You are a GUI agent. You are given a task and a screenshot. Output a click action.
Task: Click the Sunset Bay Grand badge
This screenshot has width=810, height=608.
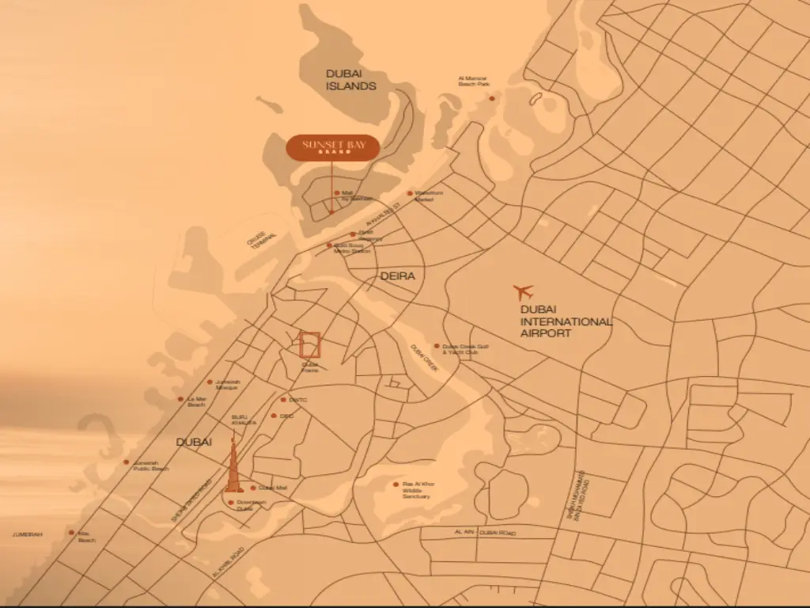pyautogui.click(x=332, y=147)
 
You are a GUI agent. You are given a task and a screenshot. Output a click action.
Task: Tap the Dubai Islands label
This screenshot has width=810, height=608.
pyautogui.click(x=350, y=79)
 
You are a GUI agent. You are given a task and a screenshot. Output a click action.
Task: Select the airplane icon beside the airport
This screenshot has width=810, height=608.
pyautogui.click(x=523, y=292)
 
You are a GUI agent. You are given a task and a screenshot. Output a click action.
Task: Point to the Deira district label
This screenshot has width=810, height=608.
pyautogui.click(x=397, y=276)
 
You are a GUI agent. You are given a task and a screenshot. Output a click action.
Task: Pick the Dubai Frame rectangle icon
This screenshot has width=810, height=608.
pyautogui.click(x=310, y=345)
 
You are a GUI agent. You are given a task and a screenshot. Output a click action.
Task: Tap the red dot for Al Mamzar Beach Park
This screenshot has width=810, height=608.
pyautogui.click(x=491, y=98)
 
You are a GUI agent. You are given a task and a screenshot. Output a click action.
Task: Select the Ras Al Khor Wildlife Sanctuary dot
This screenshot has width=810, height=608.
pyautogui.click(x=396, y=484)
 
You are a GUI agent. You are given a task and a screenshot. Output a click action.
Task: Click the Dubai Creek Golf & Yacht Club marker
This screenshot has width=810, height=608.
pyautogui.click(x=436, y=346)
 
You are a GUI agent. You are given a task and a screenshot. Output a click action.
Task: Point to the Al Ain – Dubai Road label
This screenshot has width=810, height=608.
pyautogui.click(x=486, y=534)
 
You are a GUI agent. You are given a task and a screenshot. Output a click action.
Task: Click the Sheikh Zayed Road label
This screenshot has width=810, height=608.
pyautogui.click(x=192, y=500)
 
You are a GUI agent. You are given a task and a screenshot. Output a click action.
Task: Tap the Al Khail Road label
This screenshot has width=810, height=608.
pyautogui.click(x=229, y=561)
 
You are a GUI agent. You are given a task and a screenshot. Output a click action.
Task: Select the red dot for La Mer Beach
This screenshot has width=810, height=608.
pyautogui.click(x=180, y=399)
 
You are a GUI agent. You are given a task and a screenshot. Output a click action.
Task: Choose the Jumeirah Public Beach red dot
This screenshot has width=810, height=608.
pyautogui.click(x=126, y=462)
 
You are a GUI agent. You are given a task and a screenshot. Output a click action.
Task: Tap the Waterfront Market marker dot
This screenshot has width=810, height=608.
pyautogui.click(x=410, y=193)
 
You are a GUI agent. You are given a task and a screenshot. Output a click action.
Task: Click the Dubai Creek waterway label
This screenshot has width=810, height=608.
pyautogui.click(x=423, y=359)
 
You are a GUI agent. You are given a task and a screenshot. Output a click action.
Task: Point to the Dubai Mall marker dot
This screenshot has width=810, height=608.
pyautogui.click(x=253, y=488)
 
